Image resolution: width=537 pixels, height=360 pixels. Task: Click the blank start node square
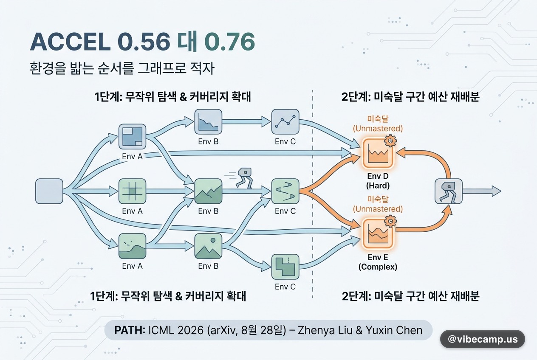(x=49, y=191)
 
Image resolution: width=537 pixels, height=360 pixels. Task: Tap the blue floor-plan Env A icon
(x=132, y=137)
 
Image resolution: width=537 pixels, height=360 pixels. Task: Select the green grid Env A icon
(x=132, y=191)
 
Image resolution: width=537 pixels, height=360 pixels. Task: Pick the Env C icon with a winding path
(x=285, y=191)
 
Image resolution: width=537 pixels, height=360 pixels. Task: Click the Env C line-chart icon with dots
(x=285, y=122)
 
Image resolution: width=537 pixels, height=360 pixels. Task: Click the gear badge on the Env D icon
(x=390, y=141)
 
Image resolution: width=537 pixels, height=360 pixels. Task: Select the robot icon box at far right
(x=449, y=191)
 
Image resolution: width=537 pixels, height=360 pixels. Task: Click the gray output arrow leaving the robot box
(x=482, y=191)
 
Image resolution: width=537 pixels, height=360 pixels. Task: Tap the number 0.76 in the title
(x=229, y=42)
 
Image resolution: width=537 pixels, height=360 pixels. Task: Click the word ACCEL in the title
(x=71, y=42)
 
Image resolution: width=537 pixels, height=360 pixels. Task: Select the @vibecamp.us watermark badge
(x=483, y=339)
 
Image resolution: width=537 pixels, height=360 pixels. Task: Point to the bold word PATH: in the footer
(x=130, y=330)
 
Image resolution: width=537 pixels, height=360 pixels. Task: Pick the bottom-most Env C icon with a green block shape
(x=285, y=267)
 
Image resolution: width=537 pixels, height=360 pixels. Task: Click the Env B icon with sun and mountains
(x=208, y=246)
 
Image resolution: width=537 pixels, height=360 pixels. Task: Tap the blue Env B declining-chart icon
(x=208, y=122)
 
